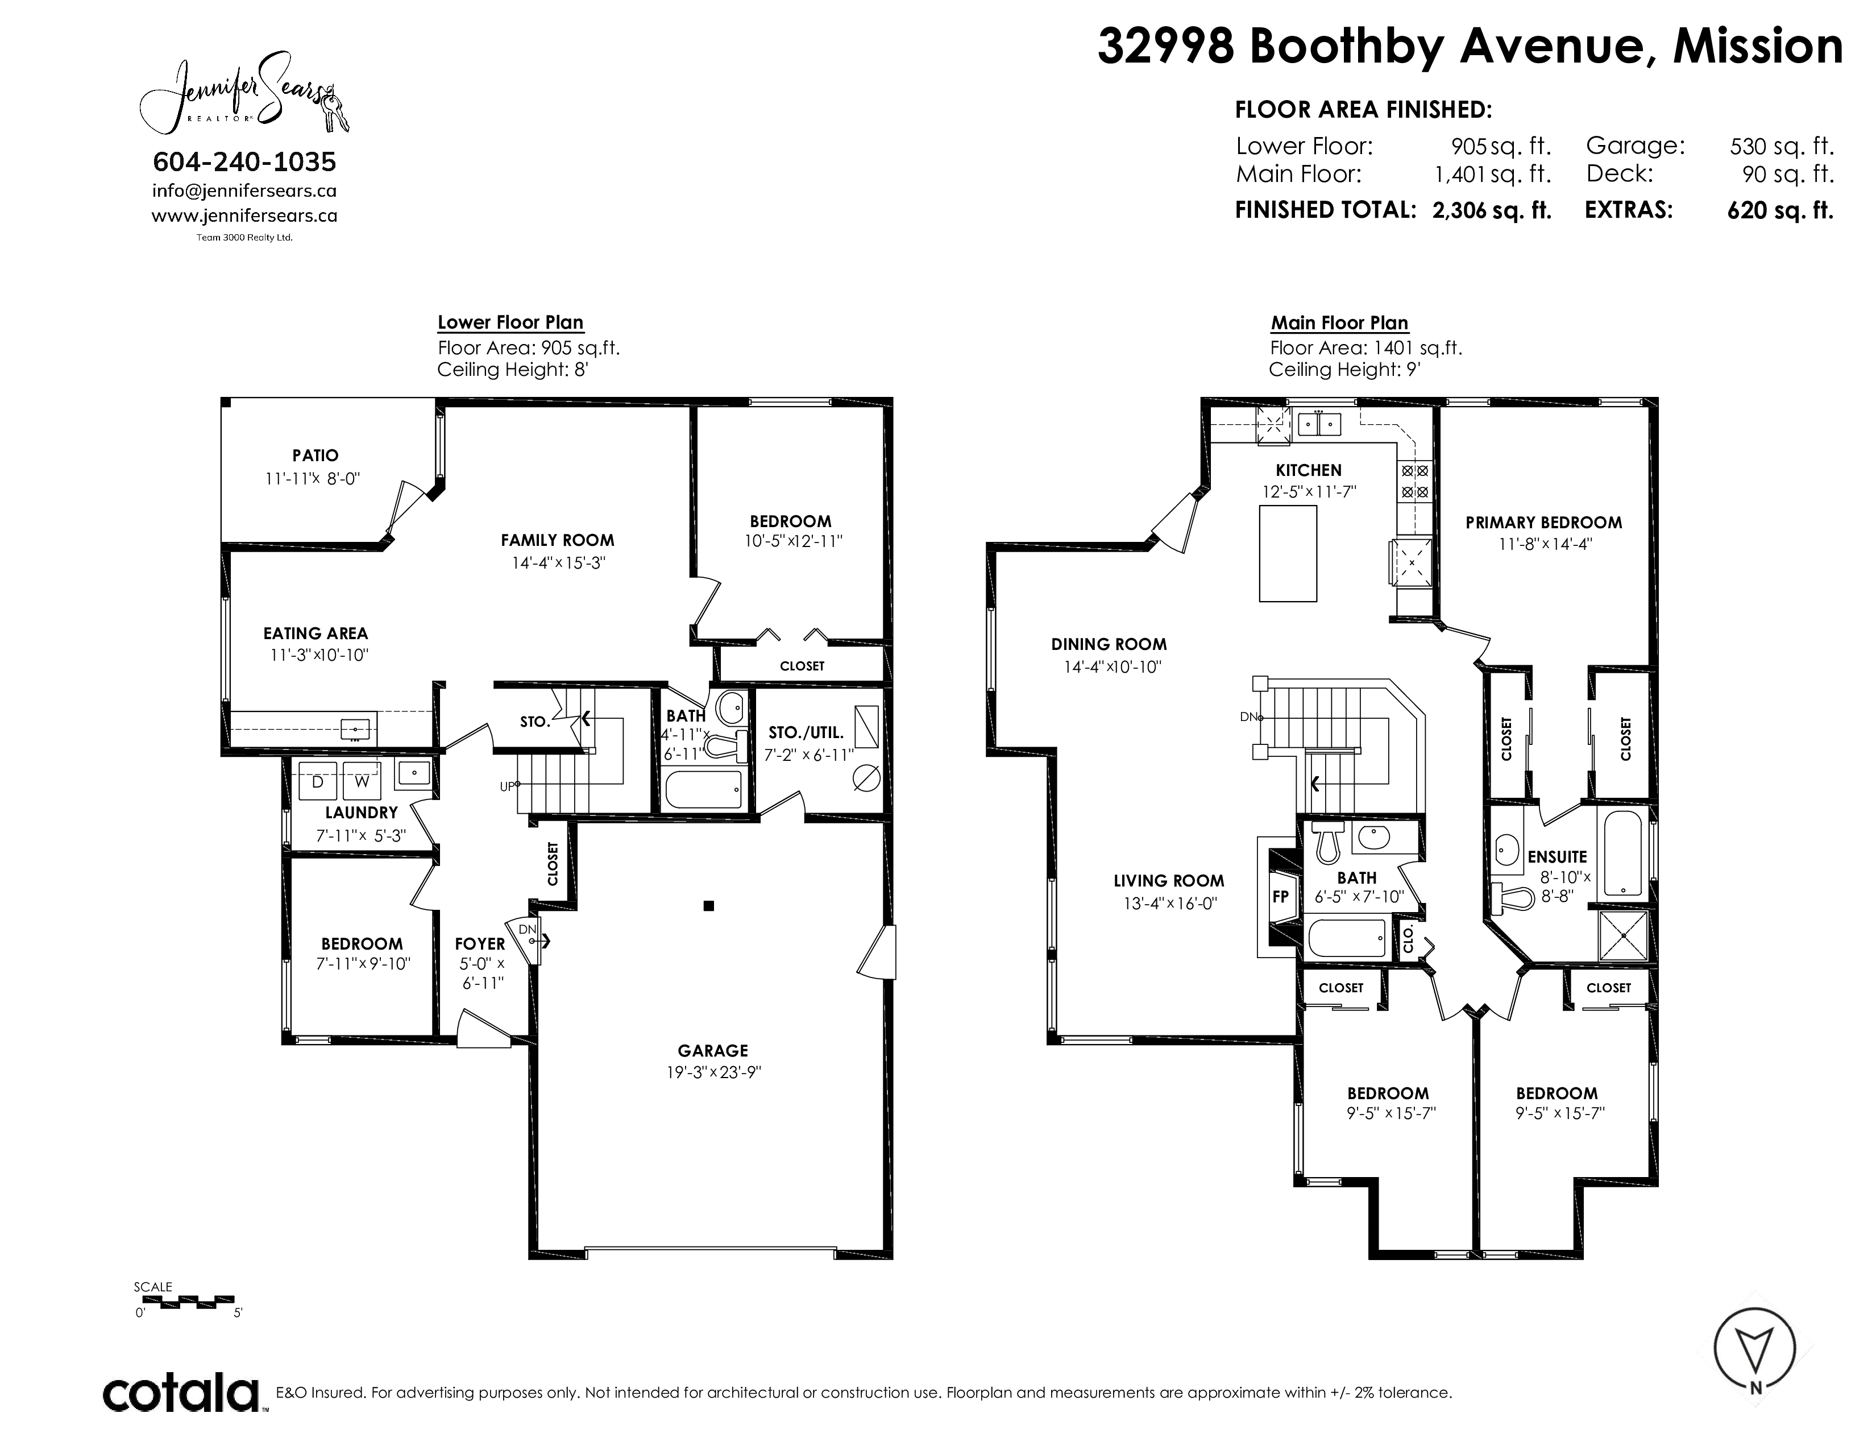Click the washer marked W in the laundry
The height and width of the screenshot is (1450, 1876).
pyautogui.click(x=362, y=781)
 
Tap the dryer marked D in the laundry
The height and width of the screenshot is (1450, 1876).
pyautogui.click(x=317, y=781)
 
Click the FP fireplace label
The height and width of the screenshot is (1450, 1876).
pyautogui.click(x=1280, y=897)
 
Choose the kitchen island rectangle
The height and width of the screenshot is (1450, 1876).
pyautogui.click(x=1288, y=553)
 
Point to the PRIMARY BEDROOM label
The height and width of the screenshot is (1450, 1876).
pyautogui.click(x=1543, y=522)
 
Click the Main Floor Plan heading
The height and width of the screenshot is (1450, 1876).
pyautogui.click(x=1339, y=323)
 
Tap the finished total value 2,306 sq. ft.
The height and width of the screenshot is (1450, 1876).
pyautogui.click(x=1492, y=210)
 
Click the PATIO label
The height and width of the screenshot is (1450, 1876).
pyautogui.click(x=316, y=455)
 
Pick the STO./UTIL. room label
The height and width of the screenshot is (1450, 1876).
pyautogui.click(x=806, y=733)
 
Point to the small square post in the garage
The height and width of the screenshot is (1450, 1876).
pyautogui.click(x=709, y=905)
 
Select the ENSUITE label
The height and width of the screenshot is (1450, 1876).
pyautogui.click(x=1557, y=856)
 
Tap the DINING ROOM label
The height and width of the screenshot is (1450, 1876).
pyautogui.click(x=1109, y=644)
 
